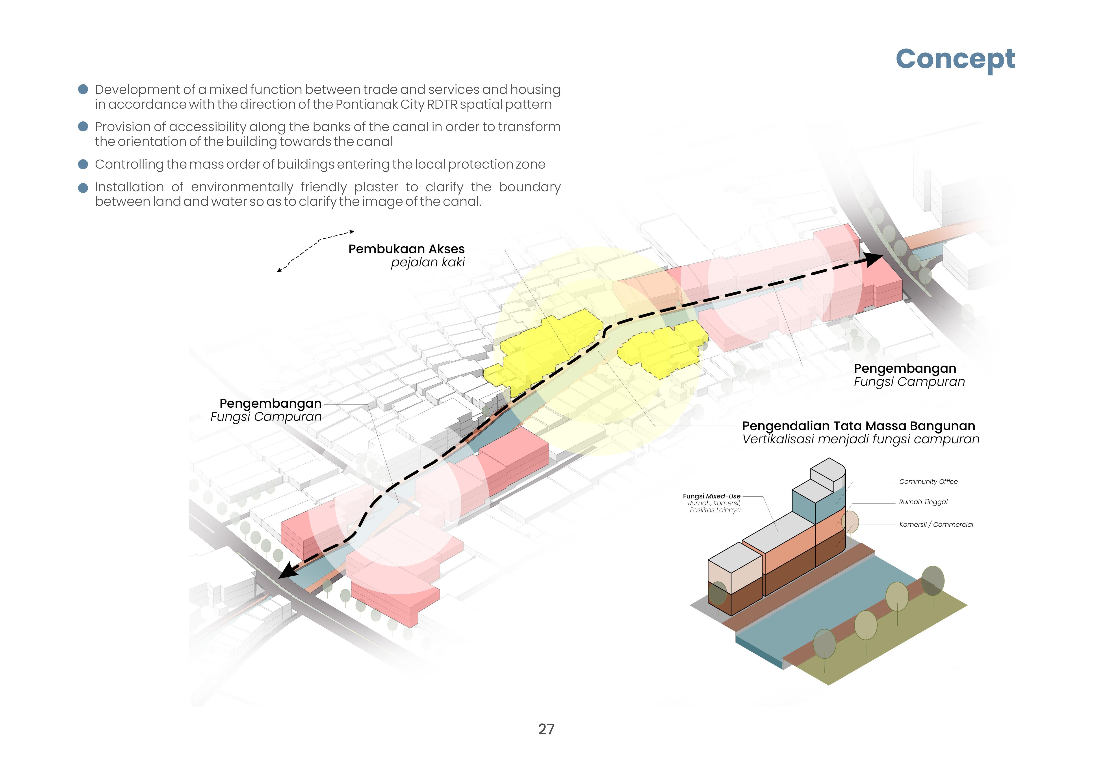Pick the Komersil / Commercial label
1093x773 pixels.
point(936,524)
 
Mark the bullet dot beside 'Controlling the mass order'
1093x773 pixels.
point(83,164)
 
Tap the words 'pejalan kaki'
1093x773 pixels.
point(427,262)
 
